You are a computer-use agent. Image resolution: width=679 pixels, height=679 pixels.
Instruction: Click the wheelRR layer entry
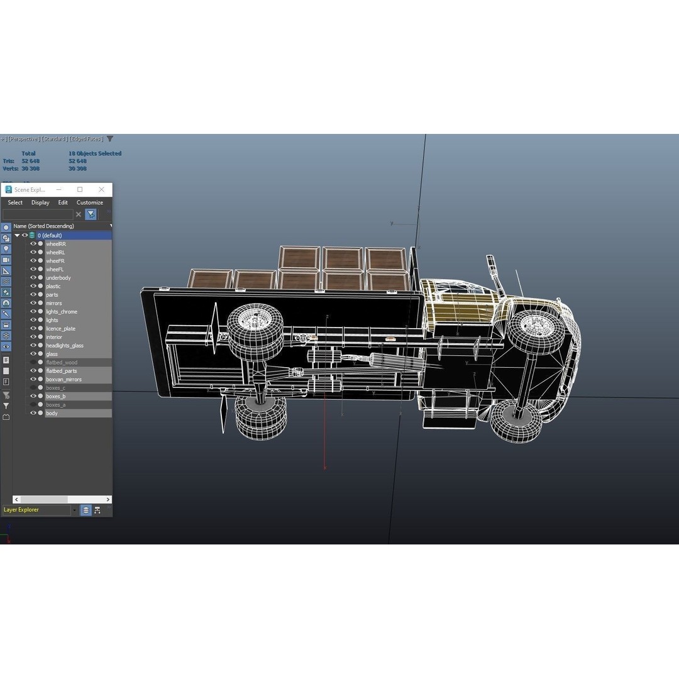pyautogui.click(x=55, y=244)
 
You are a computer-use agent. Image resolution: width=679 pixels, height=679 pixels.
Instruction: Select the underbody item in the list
pyautogui.click(x=58, y=278)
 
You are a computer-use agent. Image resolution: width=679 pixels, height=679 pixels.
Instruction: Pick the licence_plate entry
pyautogui.click(x=60, y=329)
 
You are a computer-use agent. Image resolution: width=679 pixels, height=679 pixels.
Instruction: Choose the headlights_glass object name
pyautogui.click(x=64, y=346)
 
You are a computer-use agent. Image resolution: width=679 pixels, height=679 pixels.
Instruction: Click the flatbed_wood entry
pyautogui.click(x=62, y=363)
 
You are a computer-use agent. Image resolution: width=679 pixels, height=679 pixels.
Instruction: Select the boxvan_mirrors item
pyautogui.click(x=63, y=380)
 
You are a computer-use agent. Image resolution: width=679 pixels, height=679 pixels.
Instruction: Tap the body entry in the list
pyautogui.click(x=52, y=414)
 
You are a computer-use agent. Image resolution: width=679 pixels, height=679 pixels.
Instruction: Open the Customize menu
pyautogui.click(x=90, y=202)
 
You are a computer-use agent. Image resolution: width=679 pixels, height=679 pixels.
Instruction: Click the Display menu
pyautogui.click(x=40, y=202)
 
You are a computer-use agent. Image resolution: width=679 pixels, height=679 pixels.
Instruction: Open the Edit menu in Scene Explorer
pyautogui.click(x=63, y=202)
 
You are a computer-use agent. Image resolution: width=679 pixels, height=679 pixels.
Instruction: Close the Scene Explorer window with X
pyautogui.click(x=101, y=189)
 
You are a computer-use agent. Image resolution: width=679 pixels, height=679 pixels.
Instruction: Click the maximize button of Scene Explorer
pyautogui.click(x=80, y=189)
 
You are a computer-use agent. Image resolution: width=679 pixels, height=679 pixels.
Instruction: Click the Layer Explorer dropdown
pyautogui.click(x=39, y=510)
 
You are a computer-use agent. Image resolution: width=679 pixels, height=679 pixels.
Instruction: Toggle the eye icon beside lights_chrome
pyautogui.click(x=33, y=312)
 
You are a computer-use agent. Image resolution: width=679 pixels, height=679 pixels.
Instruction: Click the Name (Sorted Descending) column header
pyautogui.click(x=44, y=226)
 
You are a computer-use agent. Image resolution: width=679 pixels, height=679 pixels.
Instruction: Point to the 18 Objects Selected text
pyautogui.click(x=95, y=153)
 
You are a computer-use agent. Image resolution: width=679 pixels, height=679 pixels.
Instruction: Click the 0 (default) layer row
pyautogui.click(x=50, y=235)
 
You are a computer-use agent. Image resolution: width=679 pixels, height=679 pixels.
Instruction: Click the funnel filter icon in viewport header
pyautogui.click(x=110, y=139)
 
